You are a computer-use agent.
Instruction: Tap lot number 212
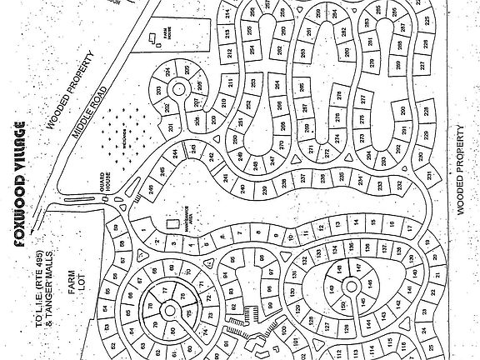[226, 52]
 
